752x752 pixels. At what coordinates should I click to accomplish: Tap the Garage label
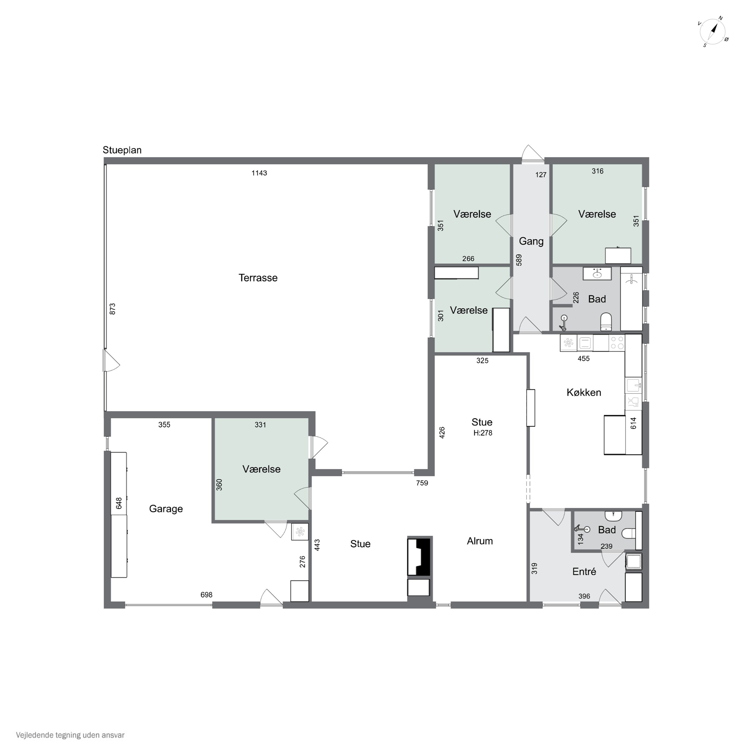166,509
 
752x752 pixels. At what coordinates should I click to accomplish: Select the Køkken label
584,392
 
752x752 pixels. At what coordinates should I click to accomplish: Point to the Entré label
584,572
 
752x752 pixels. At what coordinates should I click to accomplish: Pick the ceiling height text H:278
483,433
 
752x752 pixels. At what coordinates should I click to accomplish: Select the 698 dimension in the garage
206,595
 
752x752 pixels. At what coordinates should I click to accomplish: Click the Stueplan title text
122,150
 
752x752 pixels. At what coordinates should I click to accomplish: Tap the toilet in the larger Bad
606,322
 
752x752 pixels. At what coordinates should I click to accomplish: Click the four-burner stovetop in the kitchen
617,343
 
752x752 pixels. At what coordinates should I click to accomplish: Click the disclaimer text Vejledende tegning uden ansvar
70,735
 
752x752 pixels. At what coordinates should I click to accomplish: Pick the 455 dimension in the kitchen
584,358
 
